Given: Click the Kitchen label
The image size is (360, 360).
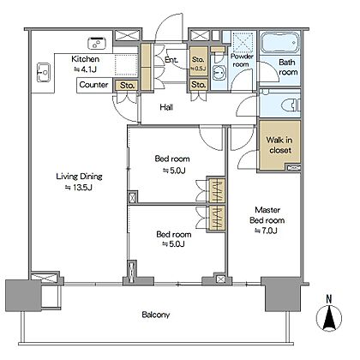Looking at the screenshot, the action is pyautogui.click(x=85, y=59).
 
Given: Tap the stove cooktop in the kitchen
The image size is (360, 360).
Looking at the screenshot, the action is pyautogui.click(x=97, y=43).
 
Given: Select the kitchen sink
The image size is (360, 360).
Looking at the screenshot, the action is pyautogui.click(x=44, y=72).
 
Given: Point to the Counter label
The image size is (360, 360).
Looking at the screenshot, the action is pyautogui.click(x=93, y=85).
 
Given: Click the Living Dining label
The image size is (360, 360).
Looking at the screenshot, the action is pyautogui.click(x=79, y=177).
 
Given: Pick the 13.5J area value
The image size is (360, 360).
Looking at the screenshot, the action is pyautogui.click(x=79, y=188).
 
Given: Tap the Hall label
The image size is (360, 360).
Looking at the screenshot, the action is pyautogui.click(x=166, y=107).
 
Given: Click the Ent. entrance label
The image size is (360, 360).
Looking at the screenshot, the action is pyautogui.click(x=171, y=60).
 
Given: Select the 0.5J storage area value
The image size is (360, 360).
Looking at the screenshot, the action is pyautogui.click(x=198, y=69).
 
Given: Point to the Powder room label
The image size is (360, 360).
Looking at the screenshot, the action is pyautogui.click(x=242, y=60).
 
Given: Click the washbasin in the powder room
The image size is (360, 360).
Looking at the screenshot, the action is pyautogui.click(x=219, y=73).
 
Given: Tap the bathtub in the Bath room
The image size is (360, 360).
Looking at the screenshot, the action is pyautogui.click(x=279, y=43).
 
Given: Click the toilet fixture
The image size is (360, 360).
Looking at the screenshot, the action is pyautogui.click(x=291, y=105).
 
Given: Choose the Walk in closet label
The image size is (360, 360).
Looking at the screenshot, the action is pyautogui.click(x=279, y=145).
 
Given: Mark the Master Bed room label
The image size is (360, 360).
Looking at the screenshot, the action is pyautogui.click(x=267, y=215).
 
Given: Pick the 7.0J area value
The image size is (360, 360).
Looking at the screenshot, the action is pyautogui.click(x=266, y=231).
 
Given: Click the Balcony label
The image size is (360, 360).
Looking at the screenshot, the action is pyautogui.click(x=156, y=315).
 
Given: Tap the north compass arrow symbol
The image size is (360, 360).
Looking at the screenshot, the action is pyautogui.click(x=329, y=318).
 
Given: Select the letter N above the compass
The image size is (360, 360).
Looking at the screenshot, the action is pyautogui.click(x=329, y=299).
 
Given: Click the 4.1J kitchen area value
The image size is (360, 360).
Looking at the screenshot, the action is pyautogui.click(x=86, y=69).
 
